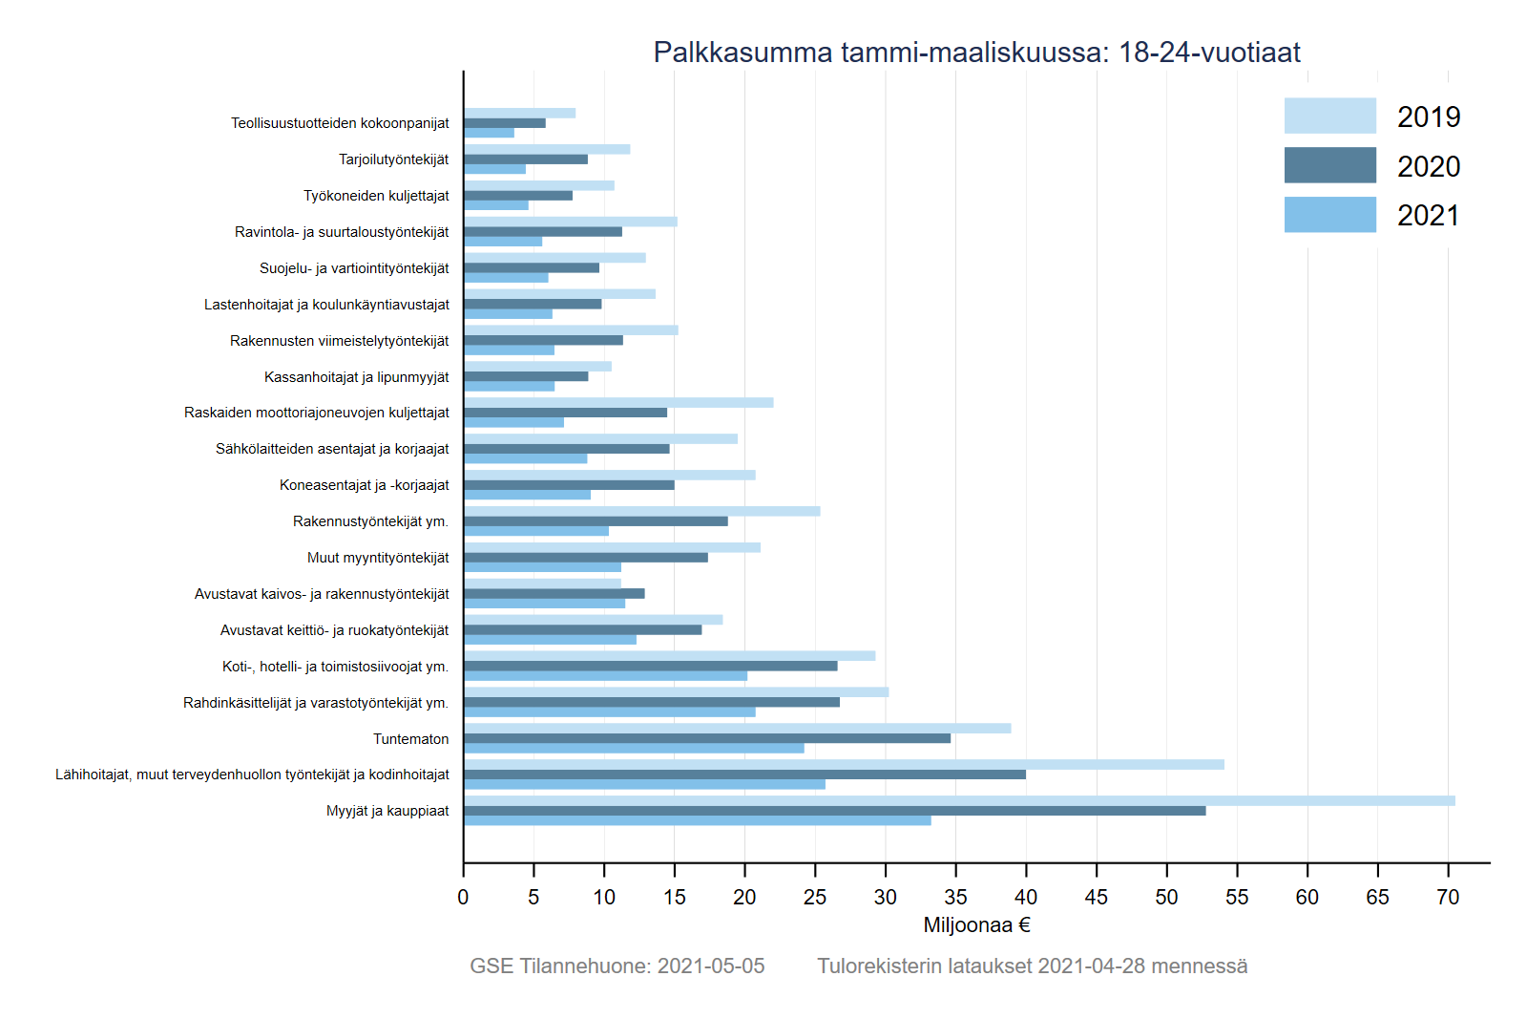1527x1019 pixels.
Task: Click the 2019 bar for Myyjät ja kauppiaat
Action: click(959, 800)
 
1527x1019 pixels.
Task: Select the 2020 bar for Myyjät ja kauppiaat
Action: click(835, 811)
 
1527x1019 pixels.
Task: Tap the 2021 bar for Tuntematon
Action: click(634, 749)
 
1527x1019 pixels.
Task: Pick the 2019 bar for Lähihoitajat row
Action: click(844, 764)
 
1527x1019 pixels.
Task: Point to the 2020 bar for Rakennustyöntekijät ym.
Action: click(596, 521)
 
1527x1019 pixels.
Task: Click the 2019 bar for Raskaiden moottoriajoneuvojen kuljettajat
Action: click(618, 403)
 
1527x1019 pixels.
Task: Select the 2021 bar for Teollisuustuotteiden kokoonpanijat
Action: click(489, 133)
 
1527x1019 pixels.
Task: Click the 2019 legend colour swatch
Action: click(1329, 116)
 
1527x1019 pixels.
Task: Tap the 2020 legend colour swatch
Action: click(1329, 165)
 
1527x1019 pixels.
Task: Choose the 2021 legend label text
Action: click(1428, 216)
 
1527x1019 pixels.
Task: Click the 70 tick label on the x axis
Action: click(1448, 897)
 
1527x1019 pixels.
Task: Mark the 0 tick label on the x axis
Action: click(463, 897)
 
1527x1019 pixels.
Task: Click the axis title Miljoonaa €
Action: click(976, 925)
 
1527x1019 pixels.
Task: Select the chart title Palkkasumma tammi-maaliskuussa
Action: click(976, 52)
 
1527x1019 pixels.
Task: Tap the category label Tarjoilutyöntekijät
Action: click(393, 159)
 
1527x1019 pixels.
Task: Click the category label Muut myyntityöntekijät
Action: click(378, 558)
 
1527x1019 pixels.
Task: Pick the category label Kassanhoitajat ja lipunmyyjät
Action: click(356, 377)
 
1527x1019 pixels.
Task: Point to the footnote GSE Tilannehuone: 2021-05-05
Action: click(617, 966)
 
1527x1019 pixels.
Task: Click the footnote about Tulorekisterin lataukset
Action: click(1032, 966)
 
